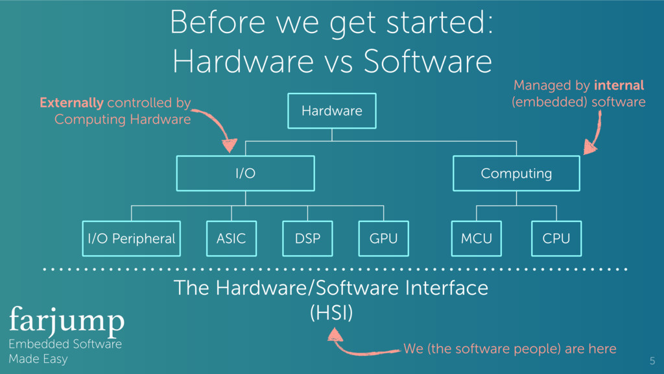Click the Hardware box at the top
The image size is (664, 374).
(331, 111)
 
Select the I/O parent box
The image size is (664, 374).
(245, 173)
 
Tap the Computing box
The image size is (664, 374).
(516, 173)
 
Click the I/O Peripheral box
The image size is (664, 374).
(131, 238)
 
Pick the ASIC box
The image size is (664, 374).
(231, 238)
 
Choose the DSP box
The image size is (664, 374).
(307, 238)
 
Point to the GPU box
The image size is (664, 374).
(383, 238)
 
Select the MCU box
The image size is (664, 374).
(477, 238)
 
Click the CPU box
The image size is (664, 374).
(556, 238)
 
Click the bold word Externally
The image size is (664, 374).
(71, 103)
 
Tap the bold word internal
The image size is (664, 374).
(619, 85)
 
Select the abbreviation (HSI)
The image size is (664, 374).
(331, 314)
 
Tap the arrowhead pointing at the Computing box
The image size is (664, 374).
(589, 149)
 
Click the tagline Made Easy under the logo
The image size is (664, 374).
(38, 359)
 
